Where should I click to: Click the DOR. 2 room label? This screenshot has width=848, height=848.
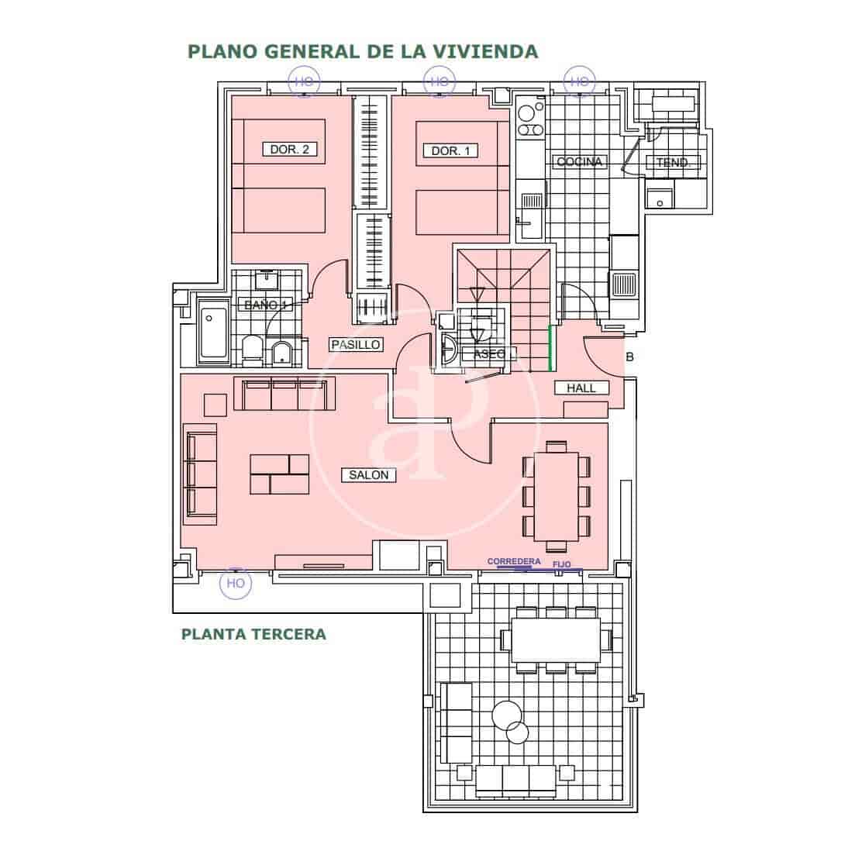289,150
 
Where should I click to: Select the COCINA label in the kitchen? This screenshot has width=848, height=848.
579,162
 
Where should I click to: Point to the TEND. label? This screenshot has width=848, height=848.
674,163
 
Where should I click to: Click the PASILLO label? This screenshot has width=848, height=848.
356,344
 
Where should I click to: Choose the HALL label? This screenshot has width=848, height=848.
581,388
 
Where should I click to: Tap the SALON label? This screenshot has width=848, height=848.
368,475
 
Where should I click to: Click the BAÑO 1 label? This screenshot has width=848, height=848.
266,305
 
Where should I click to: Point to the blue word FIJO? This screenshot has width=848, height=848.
562,565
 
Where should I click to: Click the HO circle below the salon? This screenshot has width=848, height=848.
236,583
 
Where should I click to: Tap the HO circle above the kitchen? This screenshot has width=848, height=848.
578,81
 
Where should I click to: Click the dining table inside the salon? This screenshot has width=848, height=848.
555,496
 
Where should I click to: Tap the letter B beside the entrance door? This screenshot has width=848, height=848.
629,357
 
